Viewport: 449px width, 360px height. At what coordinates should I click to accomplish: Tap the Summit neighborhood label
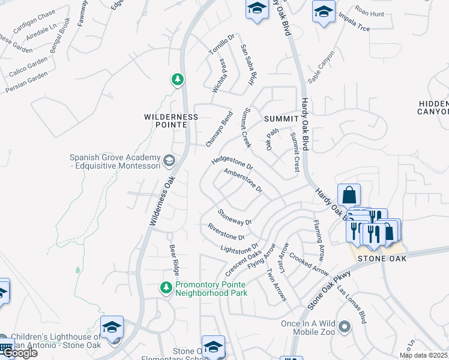click(x=281, y=119)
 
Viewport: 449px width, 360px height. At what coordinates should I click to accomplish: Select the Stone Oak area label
click(x=382, y=259)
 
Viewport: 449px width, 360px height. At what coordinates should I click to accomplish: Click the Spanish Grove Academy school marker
click(x=170, y=160)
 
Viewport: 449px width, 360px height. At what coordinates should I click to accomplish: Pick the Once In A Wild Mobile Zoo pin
click(x=344, y=327)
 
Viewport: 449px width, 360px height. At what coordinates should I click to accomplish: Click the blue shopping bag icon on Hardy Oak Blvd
click(x=349, y=195)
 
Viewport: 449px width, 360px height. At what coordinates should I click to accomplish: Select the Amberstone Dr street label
click(x=243, y=180)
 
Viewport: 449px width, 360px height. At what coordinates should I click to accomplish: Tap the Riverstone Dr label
click(x=226, y=232)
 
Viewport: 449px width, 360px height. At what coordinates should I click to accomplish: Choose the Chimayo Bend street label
click(x=219, y=129)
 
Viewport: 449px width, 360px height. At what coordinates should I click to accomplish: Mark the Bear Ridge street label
click(x=173, y=255)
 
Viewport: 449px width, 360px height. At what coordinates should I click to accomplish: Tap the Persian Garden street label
click(x=26, y=83)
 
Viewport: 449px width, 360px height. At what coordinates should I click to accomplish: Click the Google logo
click(x=19, y=352)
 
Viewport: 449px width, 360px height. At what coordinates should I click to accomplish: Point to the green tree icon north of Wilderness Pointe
click(x=177, y=79)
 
